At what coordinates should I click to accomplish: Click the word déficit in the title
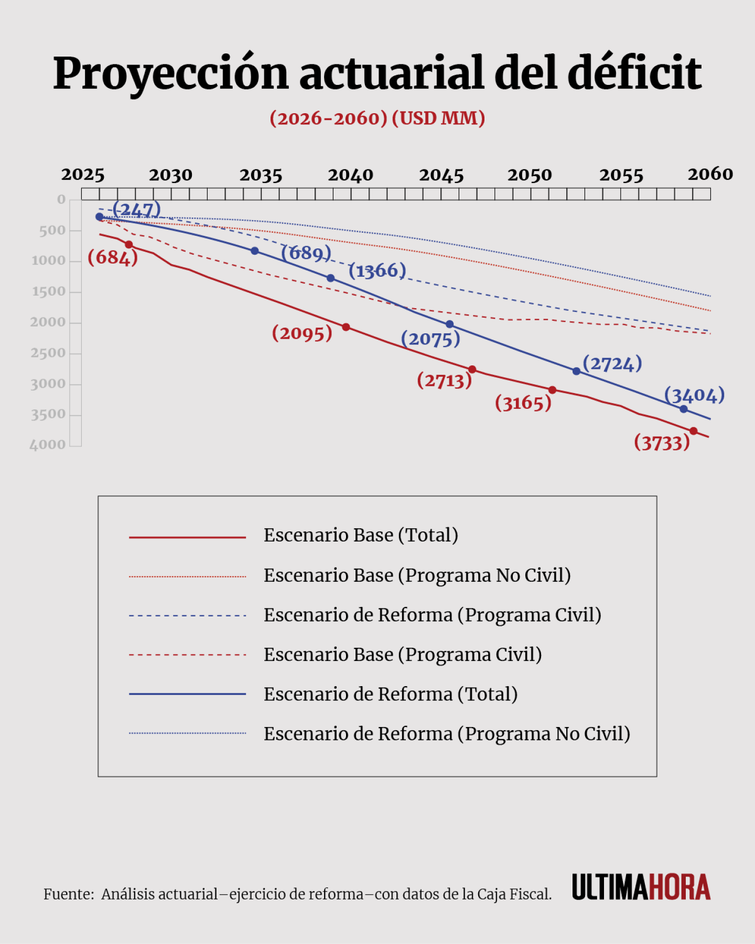click(634, 73)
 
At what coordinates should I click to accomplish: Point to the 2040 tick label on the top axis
click(350, 175)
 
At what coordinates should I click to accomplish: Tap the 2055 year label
click(621, 175)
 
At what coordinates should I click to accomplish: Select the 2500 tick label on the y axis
click(48, 353)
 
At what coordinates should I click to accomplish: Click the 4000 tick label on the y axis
click(48, 445)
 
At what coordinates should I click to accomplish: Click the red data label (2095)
click(302, 333)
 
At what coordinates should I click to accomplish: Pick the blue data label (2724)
click(612, 363)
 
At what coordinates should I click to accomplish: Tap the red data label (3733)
click(662, 443)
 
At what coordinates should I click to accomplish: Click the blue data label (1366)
click(377, 270)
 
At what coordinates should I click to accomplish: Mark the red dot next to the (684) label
click(129, 245)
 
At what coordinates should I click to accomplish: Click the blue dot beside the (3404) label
click(683, 409)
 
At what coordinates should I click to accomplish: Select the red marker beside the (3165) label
click(552, 390)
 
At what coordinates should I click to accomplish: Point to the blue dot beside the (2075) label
click(449, 324)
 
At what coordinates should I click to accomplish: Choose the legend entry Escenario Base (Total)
click(361, 535)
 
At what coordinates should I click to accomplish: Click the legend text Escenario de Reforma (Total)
click(390, 694)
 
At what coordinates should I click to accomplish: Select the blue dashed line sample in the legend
click(187, 615)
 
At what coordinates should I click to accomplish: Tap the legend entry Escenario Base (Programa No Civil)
click(417, 575)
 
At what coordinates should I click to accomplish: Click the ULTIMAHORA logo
click(641, 887)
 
